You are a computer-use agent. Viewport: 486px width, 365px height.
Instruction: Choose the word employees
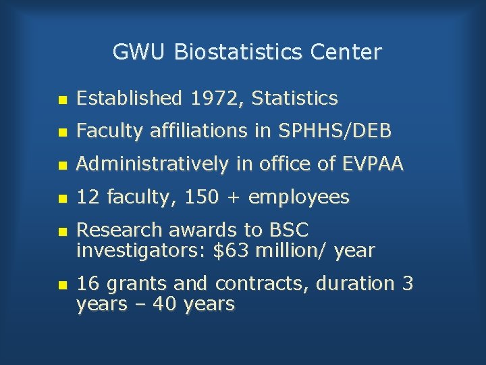(x=299, y=198)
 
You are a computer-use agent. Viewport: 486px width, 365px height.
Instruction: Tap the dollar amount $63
(x=227, y=251)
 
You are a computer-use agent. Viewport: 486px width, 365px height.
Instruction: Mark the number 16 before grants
(x=87, y=284)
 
